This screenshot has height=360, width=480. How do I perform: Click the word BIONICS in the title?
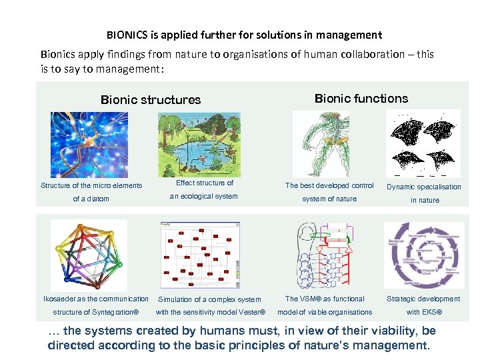click(127, 35)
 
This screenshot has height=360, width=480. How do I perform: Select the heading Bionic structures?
click(150, 100)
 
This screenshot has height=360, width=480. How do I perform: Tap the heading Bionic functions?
click(361, 99)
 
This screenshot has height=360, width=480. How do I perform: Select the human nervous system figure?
click(321, 144)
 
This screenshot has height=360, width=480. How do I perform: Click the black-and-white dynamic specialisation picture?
click(423, 144)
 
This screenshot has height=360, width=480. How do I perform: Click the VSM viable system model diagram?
click(325, 255)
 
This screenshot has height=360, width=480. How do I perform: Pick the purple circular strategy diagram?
click(424, 255)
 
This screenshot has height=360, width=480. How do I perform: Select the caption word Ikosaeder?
click(59, 299)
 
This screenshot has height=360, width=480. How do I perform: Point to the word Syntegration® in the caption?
click(116, 312)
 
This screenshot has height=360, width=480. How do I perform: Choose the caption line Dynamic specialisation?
click(423, 187)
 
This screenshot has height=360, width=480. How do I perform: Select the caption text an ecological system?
click(203, 196)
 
